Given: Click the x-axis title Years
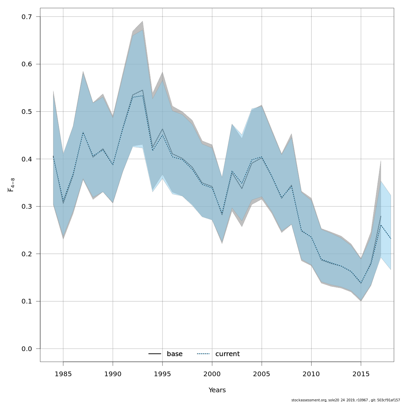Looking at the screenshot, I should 217,390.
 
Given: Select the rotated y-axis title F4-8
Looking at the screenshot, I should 11,185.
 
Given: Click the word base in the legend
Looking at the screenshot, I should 175,354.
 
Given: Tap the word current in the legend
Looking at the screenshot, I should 227,354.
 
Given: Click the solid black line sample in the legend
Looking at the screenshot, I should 155,354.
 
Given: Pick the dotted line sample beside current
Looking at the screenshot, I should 203,354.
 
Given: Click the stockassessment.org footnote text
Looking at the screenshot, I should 345,400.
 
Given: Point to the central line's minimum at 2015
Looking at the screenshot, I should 361,283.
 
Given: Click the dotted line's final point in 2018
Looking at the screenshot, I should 391,239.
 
